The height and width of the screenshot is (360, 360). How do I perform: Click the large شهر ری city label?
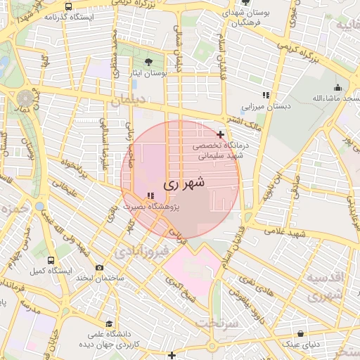coord(184,183)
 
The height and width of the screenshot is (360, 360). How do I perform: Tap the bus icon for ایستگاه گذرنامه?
coord(67,6)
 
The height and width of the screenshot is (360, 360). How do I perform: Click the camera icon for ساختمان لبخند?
coord(98,267)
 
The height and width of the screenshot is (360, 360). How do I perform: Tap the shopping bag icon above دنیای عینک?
coord(301,334)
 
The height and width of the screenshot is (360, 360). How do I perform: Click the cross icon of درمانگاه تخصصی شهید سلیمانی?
coord(221,134)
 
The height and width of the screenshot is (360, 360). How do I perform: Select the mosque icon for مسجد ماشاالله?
coord(338,88)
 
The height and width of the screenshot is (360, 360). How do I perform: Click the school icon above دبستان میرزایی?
coord(265,95)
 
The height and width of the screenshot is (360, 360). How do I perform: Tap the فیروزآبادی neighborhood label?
coord(143,250)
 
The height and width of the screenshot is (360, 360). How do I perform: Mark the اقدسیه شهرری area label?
coord(324,286)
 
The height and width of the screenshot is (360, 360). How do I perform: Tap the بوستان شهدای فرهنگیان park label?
coord(245,18)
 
